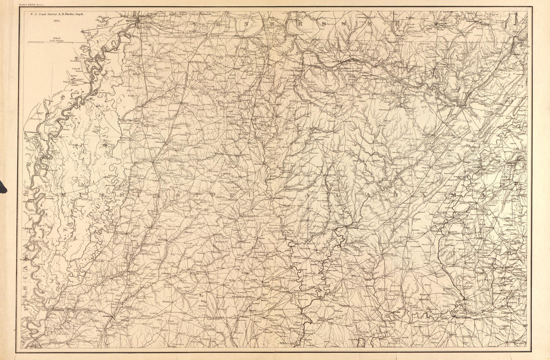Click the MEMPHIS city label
coord(131,20)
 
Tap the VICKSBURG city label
coord(58,310)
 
